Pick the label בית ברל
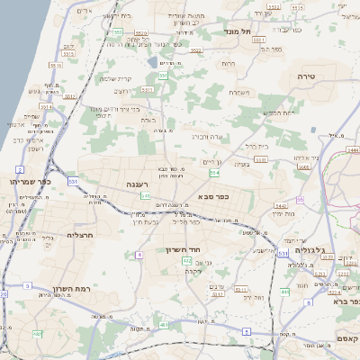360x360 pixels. (257, 144)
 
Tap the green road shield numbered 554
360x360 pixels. (213, 172)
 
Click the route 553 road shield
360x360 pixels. (118, 31)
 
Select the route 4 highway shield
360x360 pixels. (139, 255)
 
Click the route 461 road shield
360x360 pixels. (162, 324)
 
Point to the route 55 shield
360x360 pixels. (300, 200)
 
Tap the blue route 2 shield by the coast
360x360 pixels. (19, 169)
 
